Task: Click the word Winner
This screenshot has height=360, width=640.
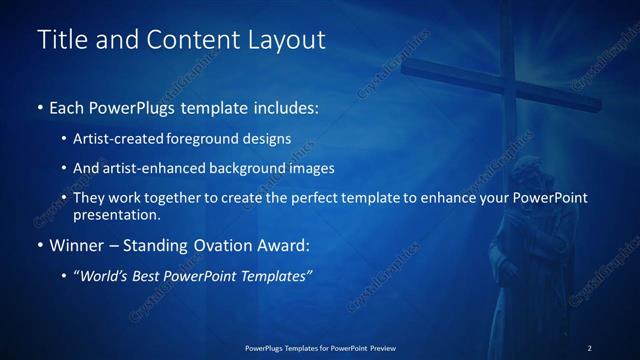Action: (x=78, y=245)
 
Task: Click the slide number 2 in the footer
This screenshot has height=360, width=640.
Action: (x=590, y=348)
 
